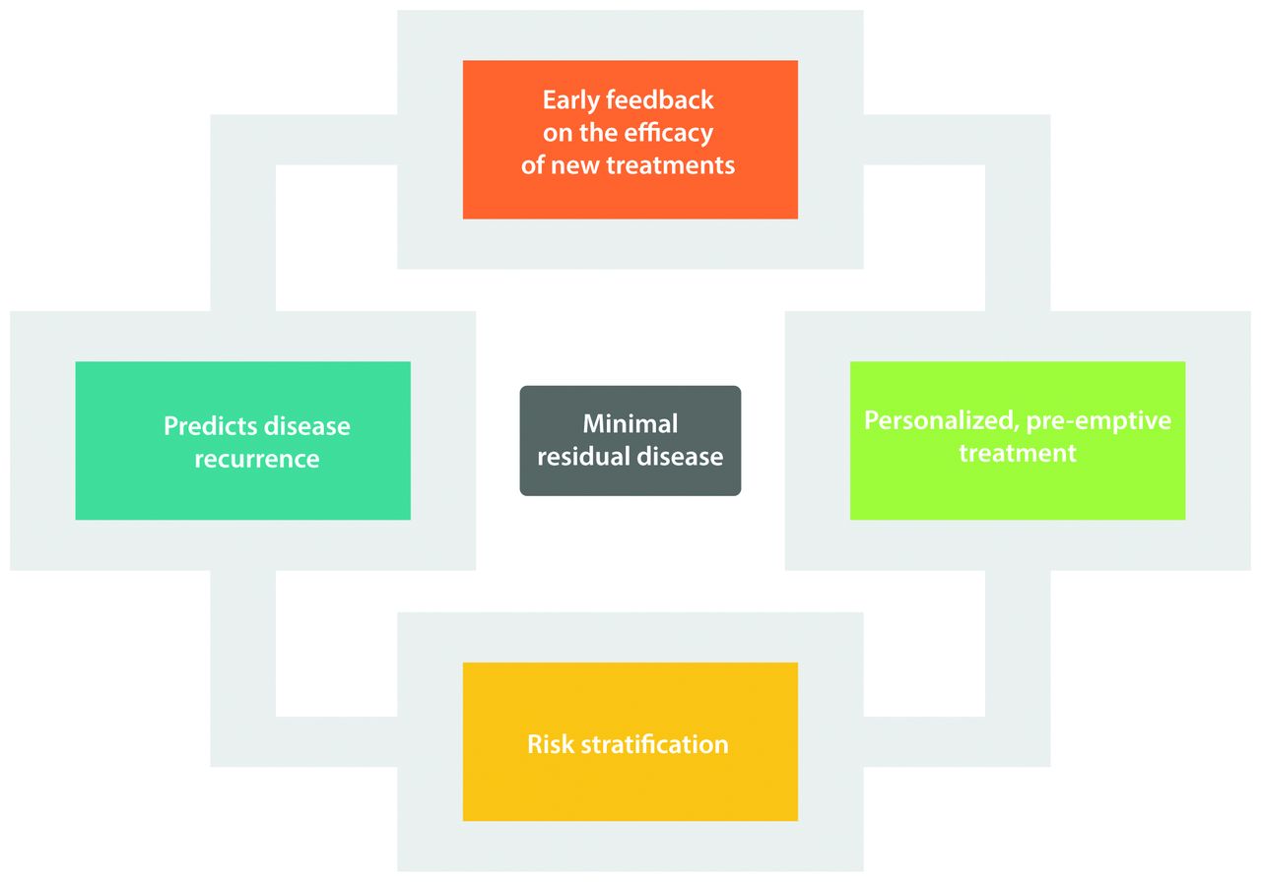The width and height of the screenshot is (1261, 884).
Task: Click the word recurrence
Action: [x=256, y=459]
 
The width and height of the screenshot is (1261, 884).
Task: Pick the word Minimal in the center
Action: [x=630, y=423]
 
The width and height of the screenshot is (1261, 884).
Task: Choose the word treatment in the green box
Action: [x=1017, y=453]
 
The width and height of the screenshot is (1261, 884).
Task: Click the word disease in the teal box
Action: [x=305, y=426]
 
